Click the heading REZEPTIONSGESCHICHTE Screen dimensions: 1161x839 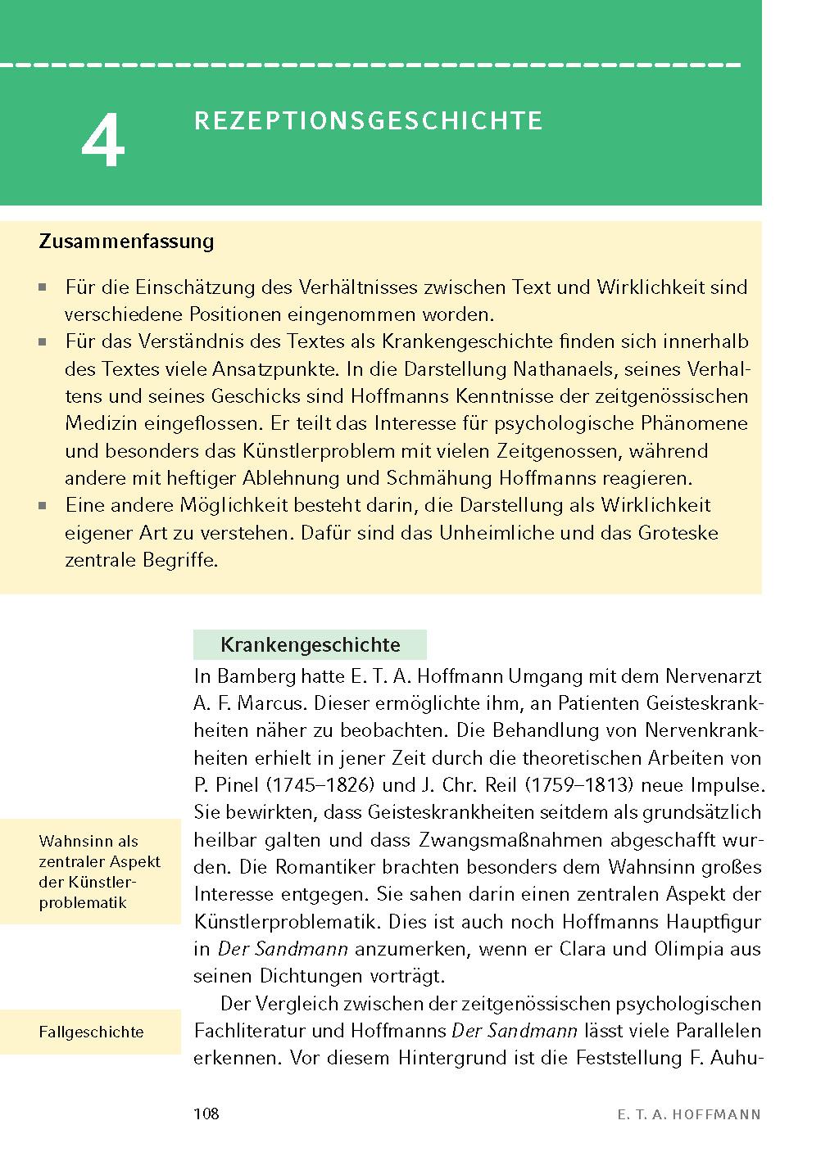coord(368,121)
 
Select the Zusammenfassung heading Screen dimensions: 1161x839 coord(126,242)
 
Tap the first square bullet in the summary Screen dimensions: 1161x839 coord(43,288)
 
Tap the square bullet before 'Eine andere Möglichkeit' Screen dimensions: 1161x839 coord(43,506)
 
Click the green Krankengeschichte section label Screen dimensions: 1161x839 coord(310,644)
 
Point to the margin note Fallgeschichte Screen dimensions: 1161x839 coord(91,1032)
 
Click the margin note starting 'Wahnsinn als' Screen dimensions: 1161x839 coord(99,872)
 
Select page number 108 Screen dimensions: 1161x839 coord(206,1114)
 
